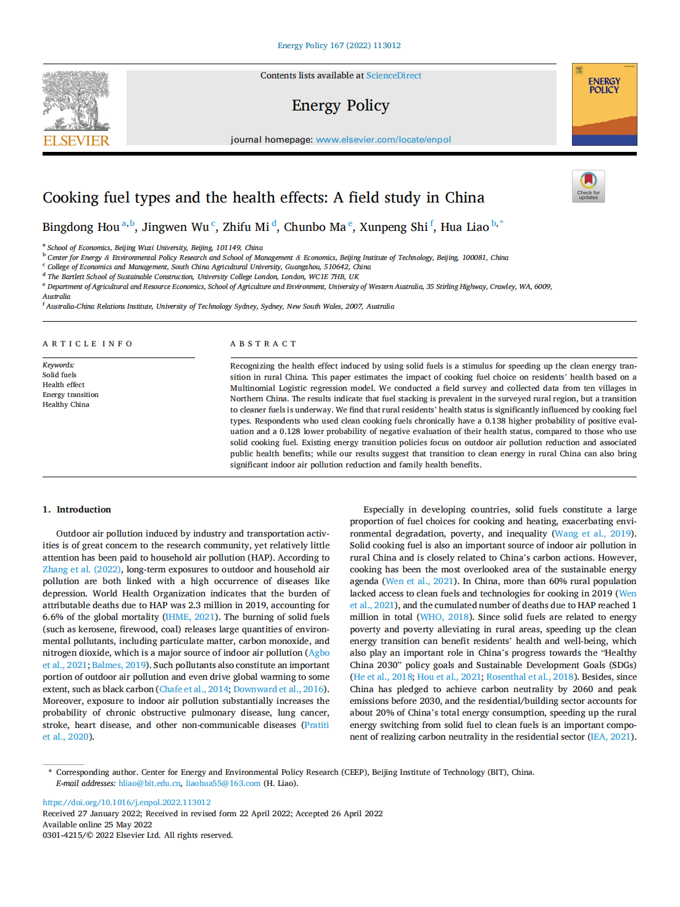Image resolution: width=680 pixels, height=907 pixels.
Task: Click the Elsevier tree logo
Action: [x=76, y=100]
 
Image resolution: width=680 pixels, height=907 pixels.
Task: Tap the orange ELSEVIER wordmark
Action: [x=76, y=141]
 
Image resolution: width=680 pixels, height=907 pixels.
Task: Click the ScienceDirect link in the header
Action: [x=394, y=75]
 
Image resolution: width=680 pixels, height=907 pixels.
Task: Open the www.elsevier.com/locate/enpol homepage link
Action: [x=383, y=140]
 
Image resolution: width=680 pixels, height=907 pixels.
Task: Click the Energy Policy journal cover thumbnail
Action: [x=604, y=104]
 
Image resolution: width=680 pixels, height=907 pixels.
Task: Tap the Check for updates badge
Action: [x=588, y=186]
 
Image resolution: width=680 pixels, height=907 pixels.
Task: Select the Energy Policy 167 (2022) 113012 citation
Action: [x=339, y=46]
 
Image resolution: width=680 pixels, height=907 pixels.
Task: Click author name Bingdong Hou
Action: [x=81, y=227]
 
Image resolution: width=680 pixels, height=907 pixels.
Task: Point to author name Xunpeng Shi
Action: [x=393, y=227]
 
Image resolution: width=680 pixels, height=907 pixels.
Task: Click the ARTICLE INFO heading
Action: [x=87, y=344]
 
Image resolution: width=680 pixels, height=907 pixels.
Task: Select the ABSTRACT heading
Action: [x=263, y=344]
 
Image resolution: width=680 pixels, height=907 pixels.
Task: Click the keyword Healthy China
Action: [x=66, y=404]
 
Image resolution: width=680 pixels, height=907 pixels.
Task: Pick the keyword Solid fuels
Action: [x=59, y=375]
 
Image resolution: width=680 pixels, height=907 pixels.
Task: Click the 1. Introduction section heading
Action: [x=77, y=509]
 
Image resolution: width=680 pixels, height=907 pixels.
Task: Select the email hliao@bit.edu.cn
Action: [x=150, y=783]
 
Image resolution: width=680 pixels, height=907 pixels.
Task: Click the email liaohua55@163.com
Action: [x=223, y=783]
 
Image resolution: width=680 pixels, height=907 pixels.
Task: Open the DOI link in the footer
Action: [x=126, y=803]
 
